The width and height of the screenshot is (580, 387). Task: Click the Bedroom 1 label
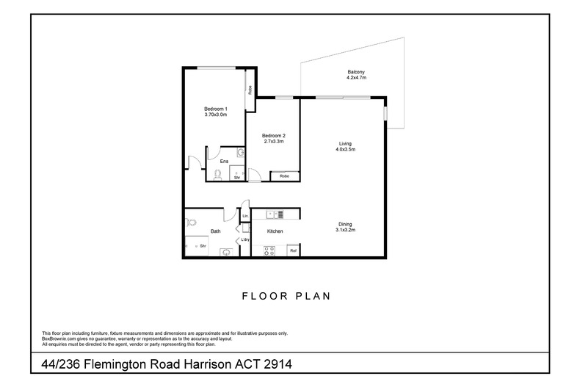(x=216, y=108)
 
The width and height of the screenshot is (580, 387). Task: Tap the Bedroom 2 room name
(x=273, y=135)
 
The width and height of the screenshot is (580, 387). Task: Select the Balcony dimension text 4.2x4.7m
(x=356, y=77)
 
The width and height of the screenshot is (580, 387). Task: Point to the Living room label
(x=345, y=143)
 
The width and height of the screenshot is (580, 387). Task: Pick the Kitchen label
(x=275, y=231)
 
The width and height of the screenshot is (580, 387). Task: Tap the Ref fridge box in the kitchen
(x=292, y=251)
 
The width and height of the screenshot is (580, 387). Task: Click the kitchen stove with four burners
(x=269, y=250)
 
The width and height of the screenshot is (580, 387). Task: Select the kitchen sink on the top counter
(x=275, y=214)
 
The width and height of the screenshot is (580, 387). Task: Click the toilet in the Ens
(x=217, y=175)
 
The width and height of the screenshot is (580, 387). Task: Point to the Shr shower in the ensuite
(x=236, y=177)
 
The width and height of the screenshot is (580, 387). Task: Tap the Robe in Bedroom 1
(x=250, y=90)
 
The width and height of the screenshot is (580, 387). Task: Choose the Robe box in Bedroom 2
(x=284, y=176)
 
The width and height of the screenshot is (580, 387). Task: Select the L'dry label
(x=244, y=241)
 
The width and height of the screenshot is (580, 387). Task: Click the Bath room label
(x=216, y=231)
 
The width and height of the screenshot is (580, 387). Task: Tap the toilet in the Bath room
(x=191, y=222)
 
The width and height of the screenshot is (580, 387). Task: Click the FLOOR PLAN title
(x=286, y=297)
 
